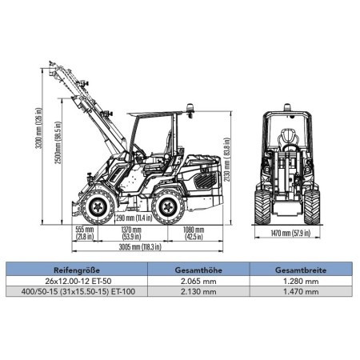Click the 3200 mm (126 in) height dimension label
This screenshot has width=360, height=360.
pos(38,128)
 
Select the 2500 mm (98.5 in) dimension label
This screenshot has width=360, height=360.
pos(58,142)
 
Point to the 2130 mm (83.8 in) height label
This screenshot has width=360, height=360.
pos(226,159)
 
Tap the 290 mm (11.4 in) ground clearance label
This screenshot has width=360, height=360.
pos(134,218)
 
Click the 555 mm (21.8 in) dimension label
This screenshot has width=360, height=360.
pos(85,233)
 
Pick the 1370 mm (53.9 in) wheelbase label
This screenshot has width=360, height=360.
pos(131,233)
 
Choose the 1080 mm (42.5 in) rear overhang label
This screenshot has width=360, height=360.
pos(194,233)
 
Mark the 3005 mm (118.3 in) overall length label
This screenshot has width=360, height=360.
pos(140,247)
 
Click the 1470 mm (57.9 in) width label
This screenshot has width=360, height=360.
pos(290,233)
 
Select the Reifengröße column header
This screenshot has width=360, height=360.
pos(77,270)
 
